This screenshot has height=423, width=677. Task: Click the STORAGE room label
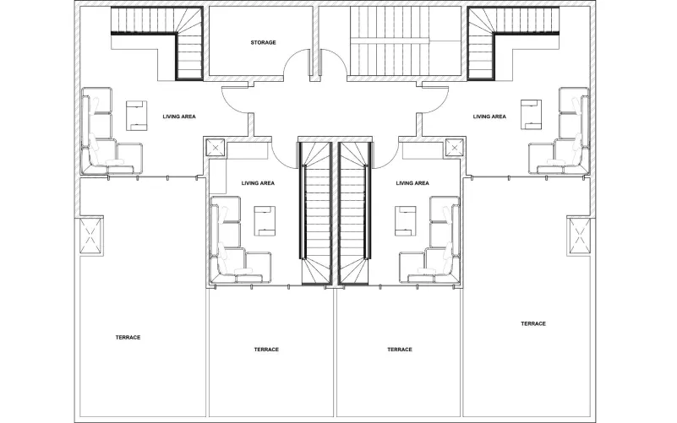click(x=263, y=43)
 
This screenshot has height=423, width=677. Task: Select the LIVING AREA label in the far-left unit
click(x=179, y=117)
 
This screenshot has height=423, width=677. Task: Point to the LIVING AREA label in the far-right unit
click(x=489, y=117)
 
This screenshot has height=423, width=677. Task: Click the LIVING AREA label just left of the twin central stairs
click(x=258, y=183)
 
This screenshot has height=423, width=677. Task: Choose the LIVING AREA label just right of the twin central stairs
click(x=412, y=183)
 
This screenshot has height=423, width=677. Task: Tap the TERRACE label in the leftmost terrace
click(x=128, y=338)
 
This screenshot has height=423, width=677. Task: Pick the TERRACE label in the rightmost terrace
click(x=533, y=324)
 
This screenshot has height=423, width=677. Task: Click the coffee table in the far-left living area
click(x=136, y=116)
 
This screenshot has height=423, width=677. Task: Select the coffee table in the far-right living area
click(x=531, y=114)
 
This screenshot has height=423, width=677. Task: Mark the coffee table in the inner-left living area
click(x=265, y=221)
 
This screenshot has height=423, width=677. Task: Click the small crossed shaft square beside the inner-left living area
click(x=215, y=148)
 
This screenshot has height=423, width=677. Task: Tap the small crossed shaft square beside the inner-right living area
click(x=454, y=148)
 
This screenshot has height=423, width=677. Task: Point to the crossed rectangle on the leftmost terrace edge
click(x=91, y=236)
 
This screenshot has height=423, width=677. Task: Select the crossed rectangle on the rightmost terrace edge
click(x=579, y=236)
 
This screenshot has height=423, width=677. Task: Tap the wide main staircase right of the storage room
click(x=405, y=41)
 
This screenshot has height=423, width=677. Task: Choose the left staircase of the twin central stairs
click(x=315, y=213)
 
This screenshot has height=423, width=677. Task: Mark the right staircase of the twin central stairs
click(x=354, y=213)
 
